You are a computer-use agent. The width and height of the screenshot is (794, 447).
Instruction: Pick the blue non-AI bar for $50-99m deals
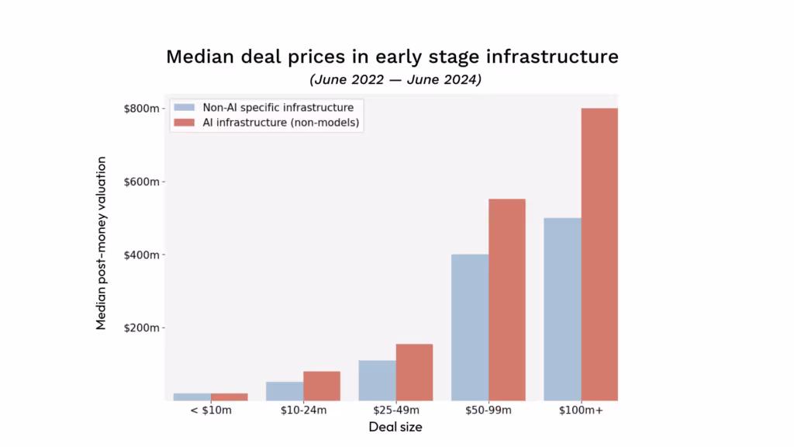click(469, 327)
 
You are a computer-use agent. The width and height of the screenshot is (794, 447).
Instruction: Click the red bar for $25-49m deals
click(414, 372)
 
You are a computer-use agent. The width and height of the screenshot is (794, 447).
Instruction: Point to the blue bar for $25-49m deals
click(377, 380)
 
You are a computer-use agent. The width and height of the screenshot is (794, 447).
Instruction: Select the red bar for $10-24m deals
click(322, 386)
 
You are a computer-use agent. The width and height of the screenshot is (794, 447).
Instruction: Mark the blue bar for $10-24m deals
click(285, 391)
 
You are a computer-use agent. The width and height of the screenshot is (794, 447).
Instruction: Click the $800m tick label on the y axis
click(141, 109)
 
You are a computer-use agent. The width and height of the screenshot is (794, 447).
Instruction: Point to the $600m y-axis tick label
click(141, 182)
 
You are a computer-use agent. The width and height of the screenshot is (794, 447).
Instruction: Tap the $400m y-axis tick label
click(141, 255)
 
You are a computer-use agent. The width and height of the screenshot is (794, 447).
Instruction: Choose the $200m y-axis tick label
click(141, 328)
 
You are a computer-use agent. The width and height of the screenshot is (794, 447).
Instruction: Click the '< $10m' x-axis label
click(211, 411)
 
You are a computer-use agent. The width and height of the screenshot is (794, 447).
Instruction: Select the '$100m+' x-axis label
click(582, 411)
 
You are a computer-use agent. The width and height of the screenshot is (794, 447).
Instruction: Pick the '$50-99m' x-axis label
click(488, 411)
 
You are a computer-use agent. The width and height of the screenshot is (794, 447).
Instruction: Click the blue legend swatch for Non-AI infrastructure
click(184, 108)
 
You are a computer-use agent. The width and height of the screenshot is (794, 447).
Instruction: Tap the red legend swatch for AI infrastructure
click(184, 123)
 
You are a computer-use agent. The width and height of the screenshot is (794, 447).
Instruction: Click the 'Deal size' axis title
click(395, 427)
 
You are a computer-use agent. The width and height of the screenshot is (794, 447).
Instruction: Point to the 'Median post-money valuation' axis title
click(102, 242)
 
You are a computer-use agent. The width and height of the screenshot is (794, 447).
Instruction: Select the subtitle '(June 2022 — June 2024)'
click(395, 80)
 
